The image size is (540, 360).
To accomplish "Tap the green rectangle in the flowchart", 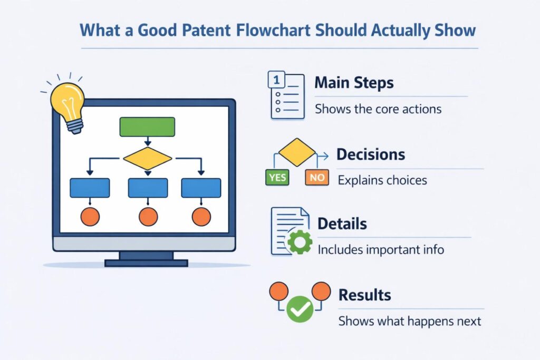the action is [147, 127].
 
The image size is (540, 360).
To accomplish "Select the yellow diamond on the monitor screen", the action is [148, 158].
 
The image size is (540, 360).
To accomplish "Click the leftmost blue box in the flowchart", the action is [90, 188].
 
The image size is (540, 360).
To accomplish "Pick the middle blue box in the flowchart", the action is [148, 188].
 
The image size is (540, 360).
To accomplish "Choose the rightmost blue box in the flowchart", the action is [201, 188].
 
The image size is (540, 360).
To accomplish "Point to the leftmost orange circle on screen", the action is [90, 217].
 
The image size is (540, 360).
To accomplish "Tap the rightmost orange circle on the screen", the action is [201, 217].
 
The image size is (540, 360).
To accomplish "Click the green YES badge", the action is [277, 177].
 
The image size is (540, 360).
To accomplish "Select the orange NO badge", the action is [317, 177].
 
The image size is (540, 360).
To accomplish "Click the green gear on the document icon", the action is [300, 241].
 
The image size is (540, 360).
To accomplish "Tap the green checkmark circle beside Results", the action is [300, 309].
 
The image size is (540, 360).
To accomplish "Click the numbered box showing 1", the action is [276, 80].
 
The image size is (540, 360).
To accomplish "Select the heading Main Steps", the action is [354, 83].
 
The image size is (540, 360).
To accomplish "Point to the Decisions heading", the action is [371, 154].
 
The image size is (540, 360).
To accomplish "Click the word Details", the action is [342, 223].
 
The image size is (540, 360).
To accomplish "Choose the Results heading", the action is [365, 295].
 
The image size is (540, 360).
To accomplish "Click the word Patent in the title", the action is [206, 30].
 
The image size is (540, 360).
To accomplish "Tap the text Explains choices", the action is [382, 180].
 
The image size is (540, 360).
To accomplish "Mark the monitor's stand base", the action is [147, 264].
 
